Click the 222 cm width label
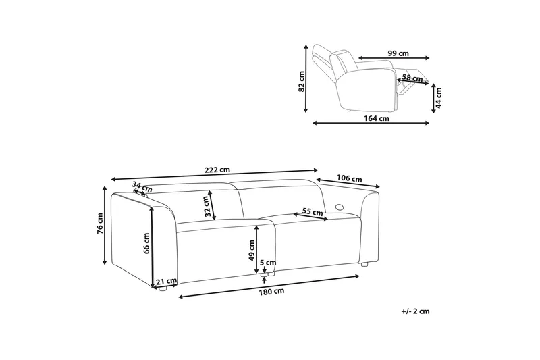pyautogui.click(x=217, y=170)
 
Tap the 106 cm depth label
pyautogui.click(x=350, y=179)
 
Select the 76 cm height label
pyautogui.click(x=100, y=224)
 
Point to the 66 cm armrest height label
pyautogui.click(x=146, y=243)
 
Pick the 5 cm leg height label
pyautogui.click(x=268, y=263)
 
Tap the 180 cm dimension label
pyautogui.click(x=272, y=291)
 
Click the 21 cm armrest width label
pyautogui.click(x=166, y=282)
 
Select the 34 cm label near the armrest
pyautogui.click(x=142, y=188)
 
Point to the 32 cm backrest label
pyautogui.click(x=207, y=206)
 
